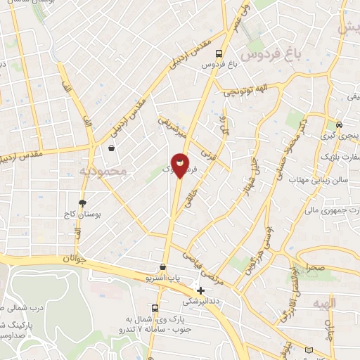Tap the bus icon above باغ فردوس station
(220, 53)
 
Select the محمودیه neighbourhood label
(103, 171)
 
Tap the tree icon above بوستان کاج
(83, 202)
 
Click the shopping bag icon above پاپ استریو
(163, 267)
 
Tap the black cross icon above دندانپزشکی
(201, 290)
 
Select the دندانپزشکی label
(201, 300)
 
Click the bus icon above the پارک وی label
(155, 308)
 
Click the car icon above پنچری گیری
(339, 124)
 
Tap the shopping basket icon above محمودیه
(111, 148)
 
